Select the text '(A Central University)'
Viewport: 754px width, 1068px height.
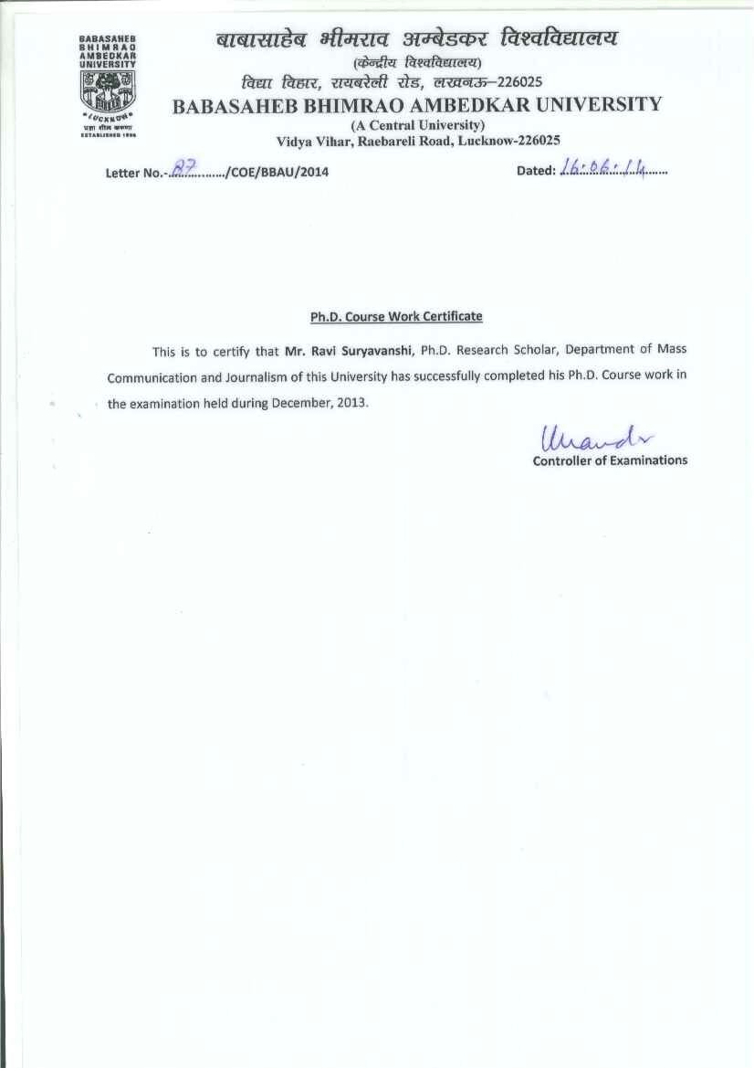417,123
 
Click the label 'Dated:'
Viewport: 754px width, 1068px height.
536,170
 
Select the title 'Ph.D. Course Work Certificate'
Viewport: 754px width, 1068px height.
396,316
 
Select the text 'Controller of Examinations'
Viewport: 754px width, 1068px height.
610,460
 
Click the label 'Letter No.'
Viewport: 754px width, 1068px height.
133,172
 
